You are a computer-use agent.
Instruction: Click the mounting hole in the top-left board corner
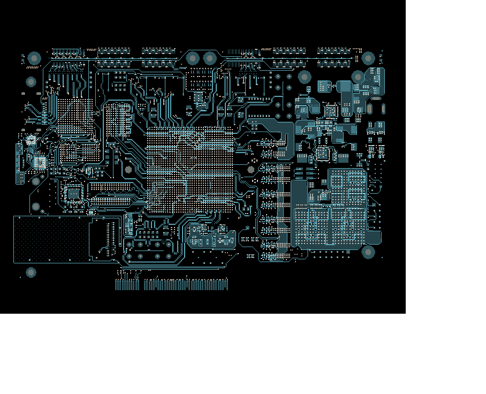coord(34,58)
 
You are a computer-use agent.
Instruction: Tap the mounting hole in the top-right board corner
coord(368,58)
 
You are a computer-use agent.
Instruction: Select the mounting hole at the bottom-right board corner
coord(368,252)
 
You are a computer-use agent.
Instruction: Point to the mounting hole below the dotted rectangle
coord(31,272)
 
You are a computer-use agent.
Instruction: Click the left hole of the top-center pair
coord(192,58)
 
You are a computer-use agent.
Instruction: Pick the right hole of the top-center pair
coord(210,58)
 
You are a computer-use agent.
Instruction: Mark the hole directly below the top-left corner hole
coord(31,82)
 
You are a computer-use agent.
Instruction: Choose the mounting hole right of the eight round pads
coord(305,77)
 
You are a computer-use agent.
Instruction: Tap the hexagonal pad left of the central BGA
coord(128,169)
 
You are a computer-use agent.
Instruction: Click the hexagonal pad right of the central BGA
coord(251,170)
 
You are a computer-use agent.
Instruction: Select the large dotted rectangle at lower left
coord(51,239)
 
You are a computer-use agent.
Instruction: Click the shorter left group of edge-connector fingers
coord(127,285)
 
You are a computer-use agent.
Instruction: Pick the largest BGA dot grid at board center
coord(190,170)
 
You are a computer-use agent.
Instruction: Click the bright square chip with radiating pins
coord(40,162)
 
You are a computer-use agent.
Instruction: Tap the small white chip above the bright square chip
coord(32,140)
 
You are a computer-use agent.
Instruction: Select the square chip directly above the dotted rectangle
coord(73,192)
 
